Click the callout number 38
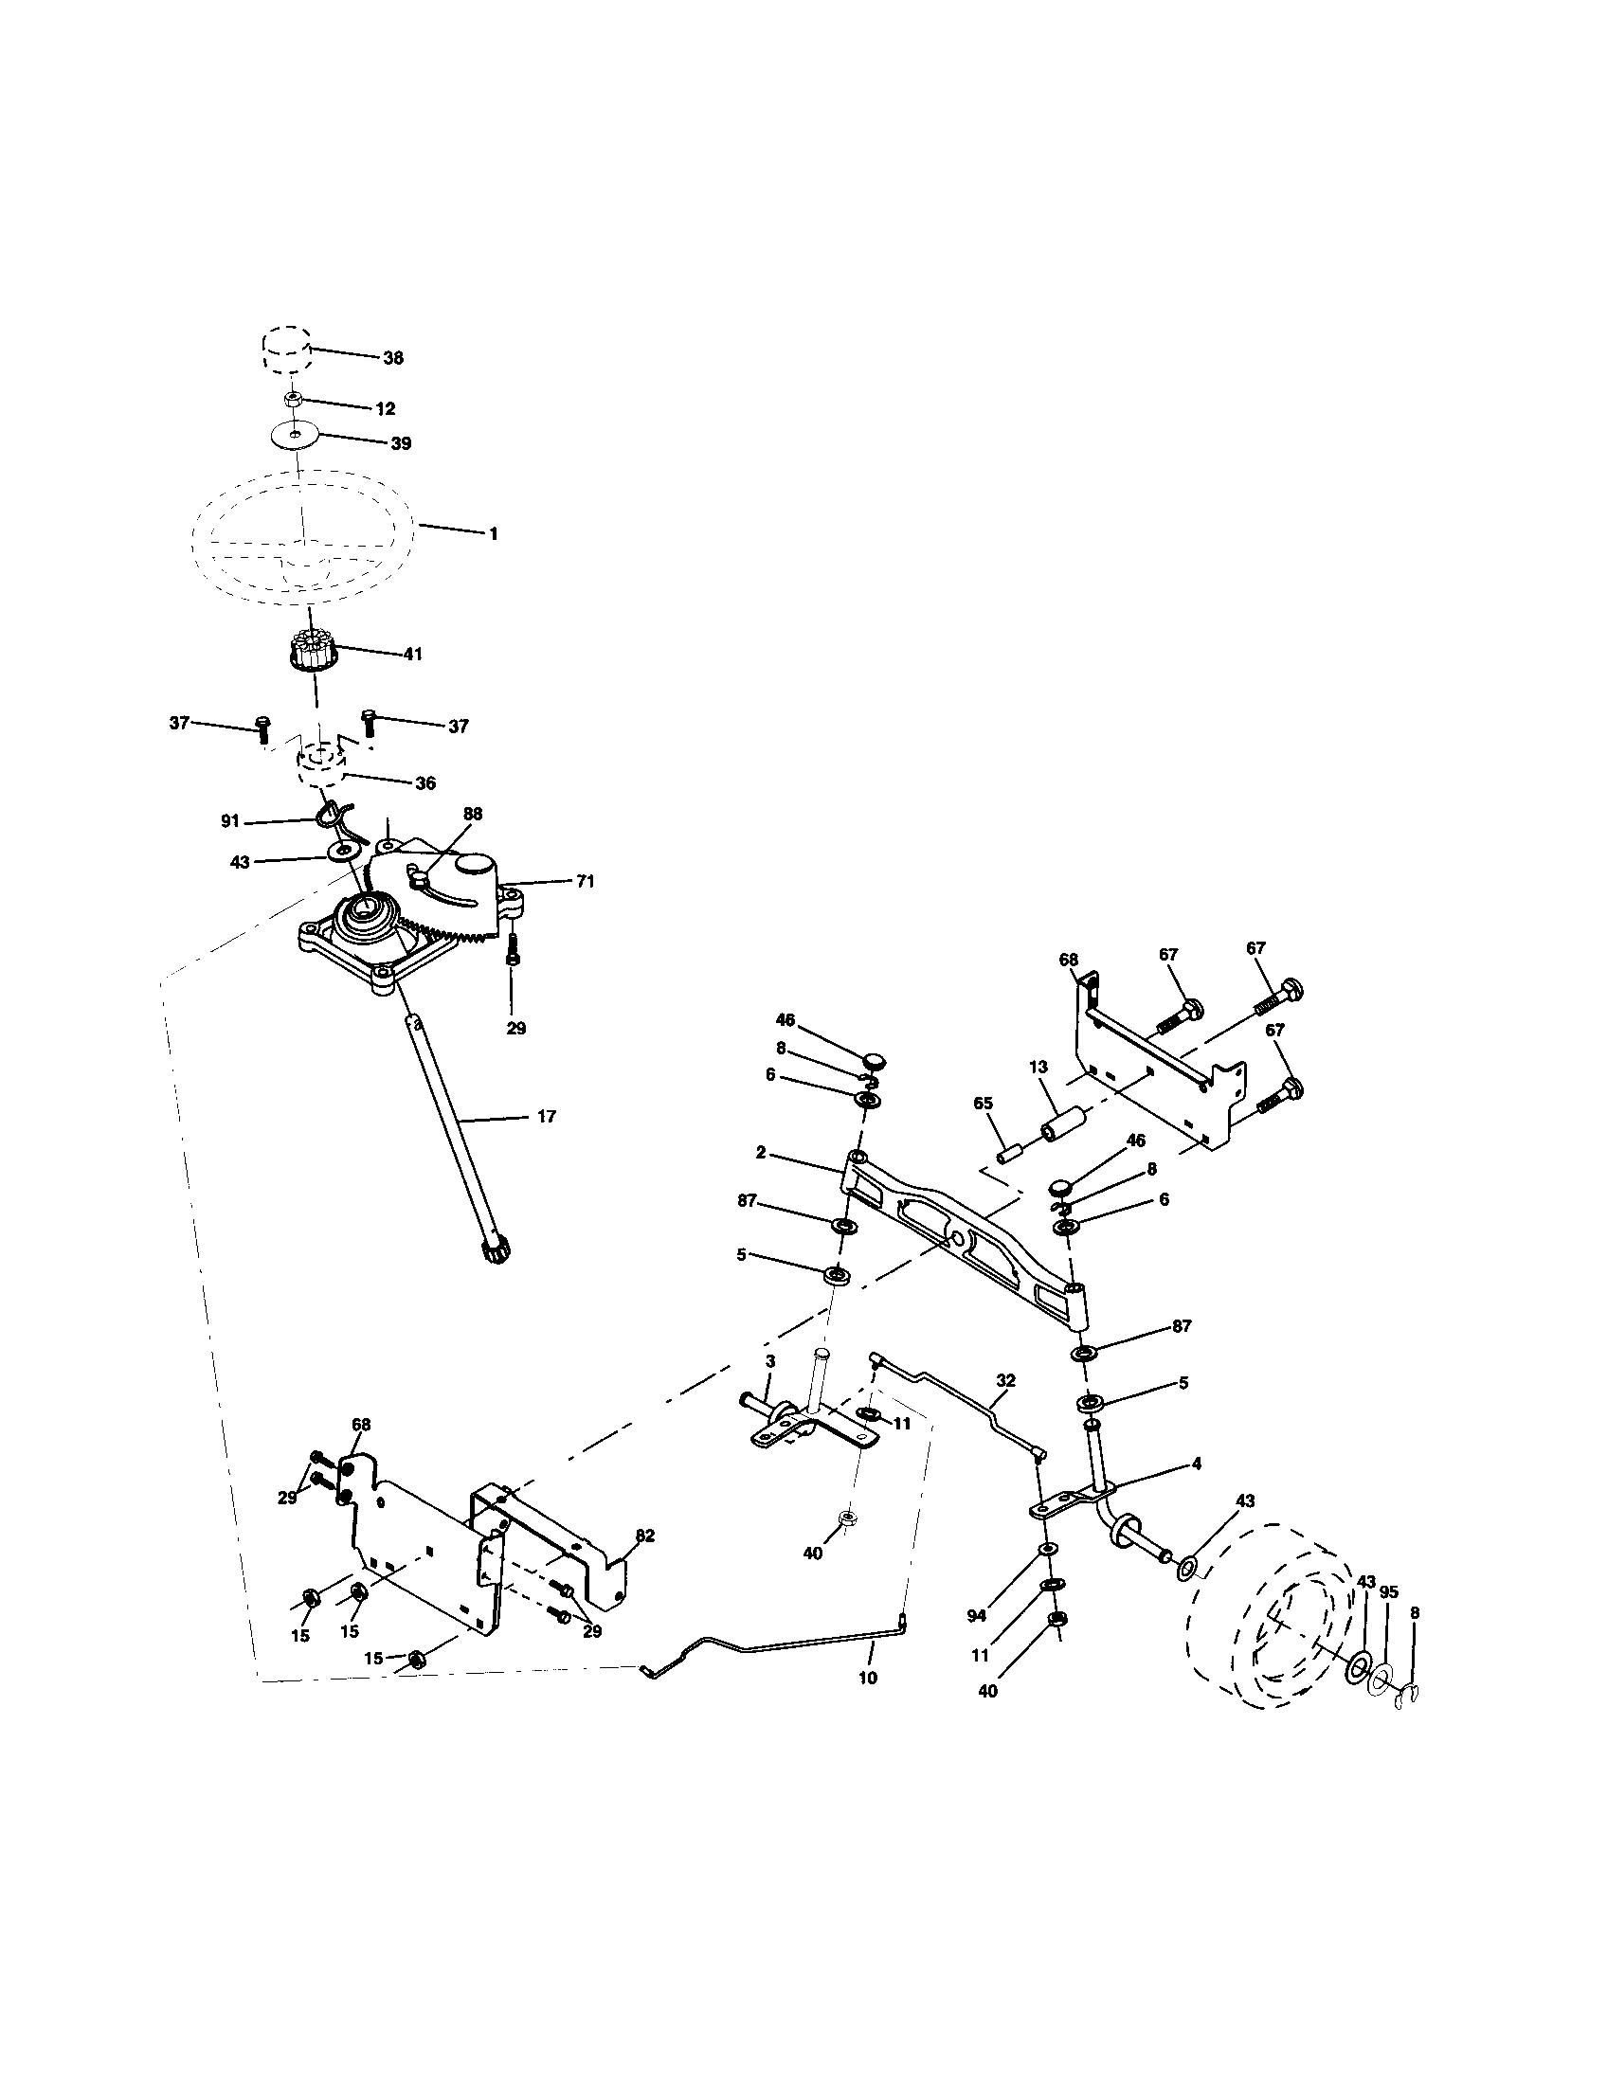[x=392, y=359]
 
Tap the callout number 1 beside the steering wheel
[x=493, y=534]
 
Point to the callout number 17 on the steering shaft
[x=546, y=1116]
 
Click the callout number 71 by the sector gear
[x=584, y=882]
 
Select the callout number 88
[x=473, y=814]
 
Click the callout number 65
[x=982, y=1103]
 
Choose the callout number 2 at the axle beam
[x=761, y=1152]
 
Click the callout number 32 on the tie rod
[x=1005, y=1381]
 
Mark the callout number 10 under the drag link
[x=867, y=1678]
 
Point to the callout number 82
[x=644, y=1536]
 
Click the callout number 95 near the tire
[x=1388, y=1591]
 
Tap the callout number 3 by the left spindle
[x=770, y=1360]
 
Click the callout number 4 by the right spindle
[x=1196, y=1463]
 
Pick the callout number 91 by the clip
[x=230, y=820]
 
